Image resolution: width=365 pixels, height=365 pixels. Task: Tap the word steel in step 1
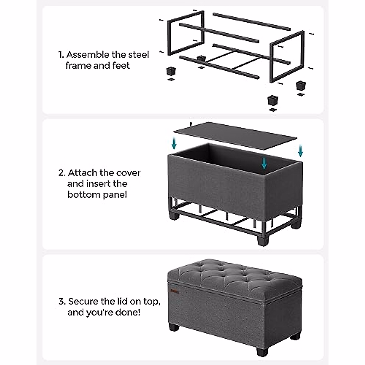tap(138, 55)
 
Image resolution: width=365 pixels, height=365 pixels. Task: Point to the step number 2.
tap(62, 173)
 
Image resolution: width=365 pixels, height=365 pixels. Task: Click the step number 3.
tap(62, 302)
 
